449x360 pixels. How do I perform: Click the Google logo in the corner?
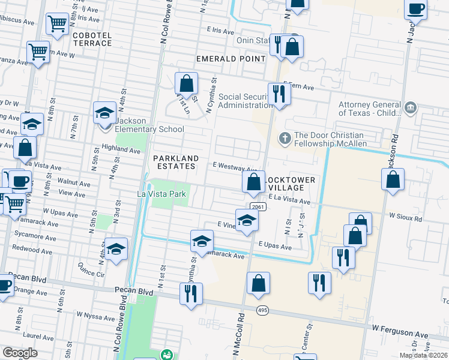20,353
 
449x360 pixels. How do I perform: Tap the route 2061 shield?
258,207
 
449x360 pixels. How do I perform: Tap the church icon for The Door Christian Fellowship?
285,139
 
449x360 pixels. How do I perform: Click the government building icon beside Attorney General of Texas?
410,108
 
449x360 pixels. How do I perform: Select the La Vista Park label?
163,194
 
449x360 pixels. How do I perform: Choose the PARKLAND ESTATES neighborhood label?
175,162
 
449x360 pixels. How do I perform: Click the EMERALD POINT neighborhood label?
231,59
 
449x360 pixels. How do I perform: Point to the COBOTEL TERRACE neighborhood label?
92,40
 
